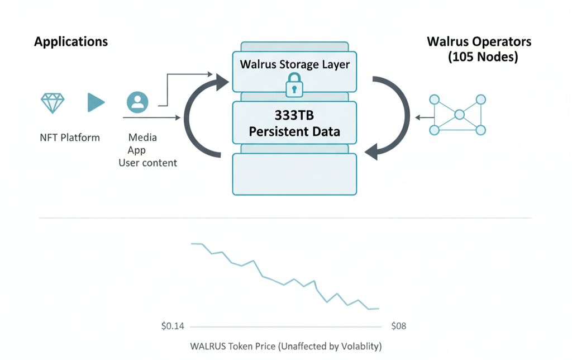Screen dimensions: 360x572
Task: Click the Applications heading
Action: pyautogui.click(x=71, y=42)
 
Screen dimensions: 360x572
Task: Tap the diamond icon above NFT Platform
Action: pyautogui.click(x=53, y=102)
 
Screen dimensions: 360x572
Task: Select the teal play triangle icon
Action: pyautogui.click(x=96, y=102)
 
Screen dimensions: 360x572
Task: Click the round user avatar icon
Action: pyautogui.click(x=137, y=102)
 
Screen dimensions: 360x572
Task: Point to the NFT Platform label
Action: pyautogui.click(x=70, y=137)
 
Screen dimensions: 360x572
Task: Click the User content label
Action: pyautogui.click(x=147, y=163)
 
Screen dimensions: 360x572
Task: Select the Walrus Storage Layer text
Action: pyautogui.click(x=295, y=64)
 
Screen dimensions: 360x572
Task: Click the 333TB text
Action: pyautogui.click(x=295, y=115)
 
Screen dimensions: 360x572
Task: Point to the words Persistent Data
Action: pyautogui.click(x=295, y=132)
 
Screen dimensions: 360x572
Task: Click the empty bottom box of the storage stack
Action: pyautogui.click(x=294, y=174)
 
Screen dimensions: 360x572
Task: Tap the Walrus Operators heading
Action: pyautogui.click(x=479, y=42)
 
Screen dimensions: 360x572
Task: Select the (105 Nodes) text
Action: pyautogui.click(x=483, y=57)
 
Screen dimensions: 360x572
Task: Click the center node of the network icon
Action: pyautogui.click(x=459, y=115)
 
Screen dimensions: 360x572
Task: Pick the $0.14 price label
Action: pyautogui.click(x=172, y=326)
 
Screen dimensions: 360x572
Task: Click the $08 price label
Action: pyautogui.click(x=399, y=326)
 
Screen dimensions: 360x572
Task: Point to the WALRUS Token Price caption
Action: pyautogui.click(x=286, y=347)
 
